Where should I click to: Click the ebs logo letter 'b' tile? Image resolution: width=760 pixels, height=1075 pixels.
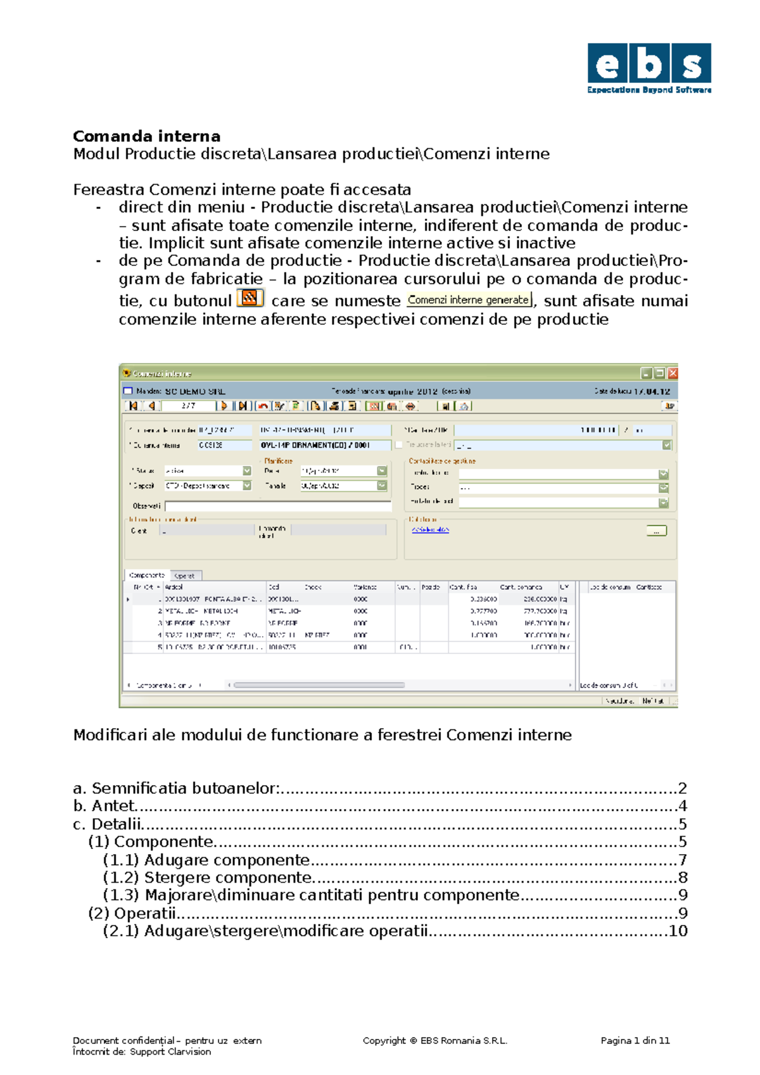coord(649,64)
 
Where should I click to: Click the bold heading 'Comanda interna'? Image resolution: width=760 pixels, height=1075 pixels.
coord(146,136)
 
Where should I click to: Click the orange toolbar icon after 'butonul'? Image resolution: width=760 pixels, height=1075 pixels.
coord(250,298)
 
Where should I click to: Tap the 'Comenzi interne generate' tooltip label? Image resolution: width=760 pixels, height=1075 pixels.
coord(468,300)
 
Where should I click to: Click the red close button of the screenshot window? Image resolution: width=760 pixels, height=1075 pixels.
coord(673,374)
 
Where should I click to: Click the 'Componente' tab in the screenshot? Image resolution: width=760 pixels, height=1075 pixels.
coord(146,575)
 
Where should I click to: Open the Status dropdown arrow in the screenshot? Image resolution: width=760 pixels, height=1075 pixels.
coord(247,471)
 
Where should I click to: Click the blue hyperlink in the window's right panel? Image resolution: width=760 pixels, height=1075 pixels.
coord(430,530)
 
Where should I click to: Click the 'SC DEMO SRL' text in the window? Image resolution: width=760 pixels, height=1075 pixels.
coord(195,391)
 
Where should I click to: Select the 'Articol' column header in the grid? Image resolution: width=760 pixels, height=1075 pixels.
coord(174,587)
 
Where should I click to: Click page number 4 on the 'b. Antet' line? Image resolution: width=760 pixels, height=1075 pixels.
coord(682,806)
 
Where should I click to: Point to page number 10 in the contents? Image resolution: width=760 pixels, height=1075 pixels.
coord(678,931)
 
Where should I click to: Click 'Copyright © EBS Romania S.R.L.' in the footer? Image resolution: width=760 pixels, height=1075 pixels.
coord(434,1040)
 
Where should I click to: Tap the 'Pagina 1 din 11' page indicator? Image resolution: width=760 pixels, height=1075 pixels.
coord(635,1040)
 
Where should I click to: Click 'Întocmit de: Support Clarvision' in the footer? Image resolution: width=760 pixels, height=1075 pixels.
coord(142,1052)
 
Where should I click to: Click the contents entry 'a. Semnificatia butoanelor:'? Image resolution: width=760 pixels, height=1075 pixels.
coord(177,788)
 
